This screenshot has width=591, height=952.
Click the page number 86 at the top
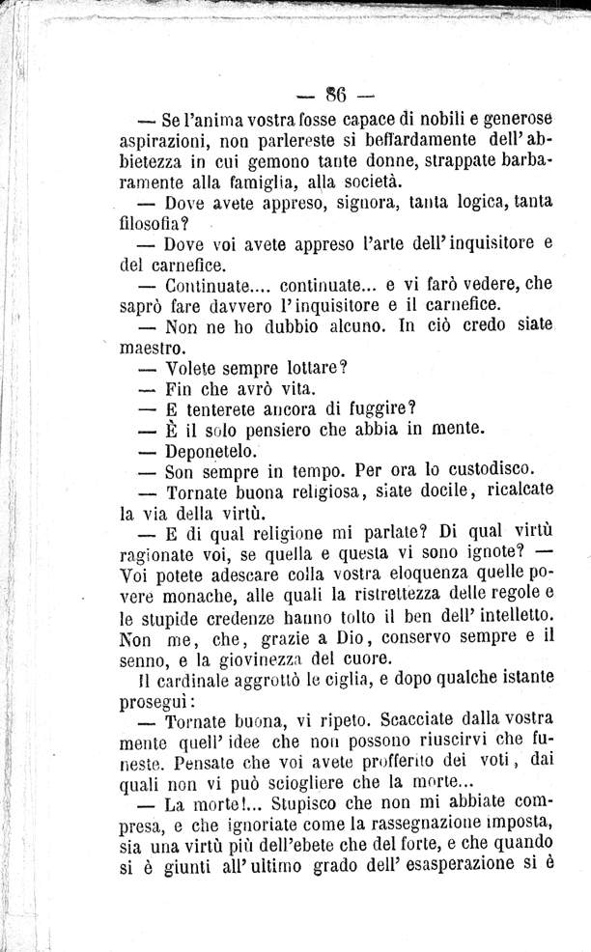tap(336, 96)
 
